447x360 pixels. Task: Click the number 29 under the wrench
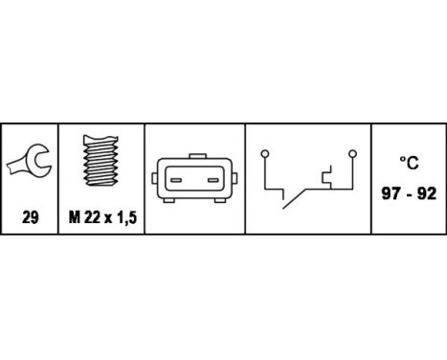pyautogui.click(x=30, y=218)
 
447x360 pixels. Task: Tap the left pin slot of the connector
pyautogui.click(x=177, y=178)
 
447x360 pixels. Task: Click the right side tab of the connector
pyautogui.click(x=235, y=179)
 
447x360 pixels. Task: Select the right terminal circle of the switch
pyautogui.click(x=352, y=152)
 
